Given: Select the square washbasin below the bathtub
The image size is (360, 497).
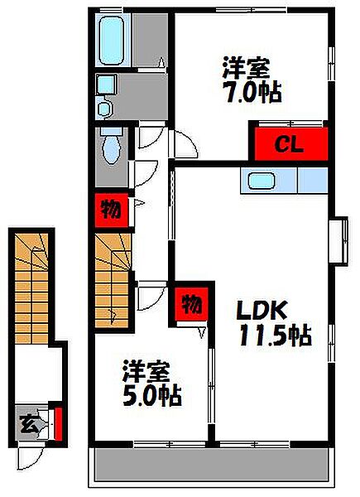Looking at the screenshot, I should click(x=107, y=85).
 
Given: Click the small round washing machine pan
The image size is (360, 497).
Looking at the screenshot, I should click(x=104, y=107).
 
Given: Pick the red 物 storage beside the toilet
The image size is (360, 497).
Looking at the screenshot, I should click(x=108, y=207).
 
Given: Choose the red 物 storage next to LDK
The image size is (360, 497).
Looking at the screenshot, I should click(x=189, y=304).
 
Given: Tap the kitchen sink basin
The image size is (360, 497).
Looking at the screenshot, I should click(x=262, y=180).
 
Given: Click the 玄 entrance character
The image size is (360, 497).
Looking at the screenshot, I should click(x=28, y=425).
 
